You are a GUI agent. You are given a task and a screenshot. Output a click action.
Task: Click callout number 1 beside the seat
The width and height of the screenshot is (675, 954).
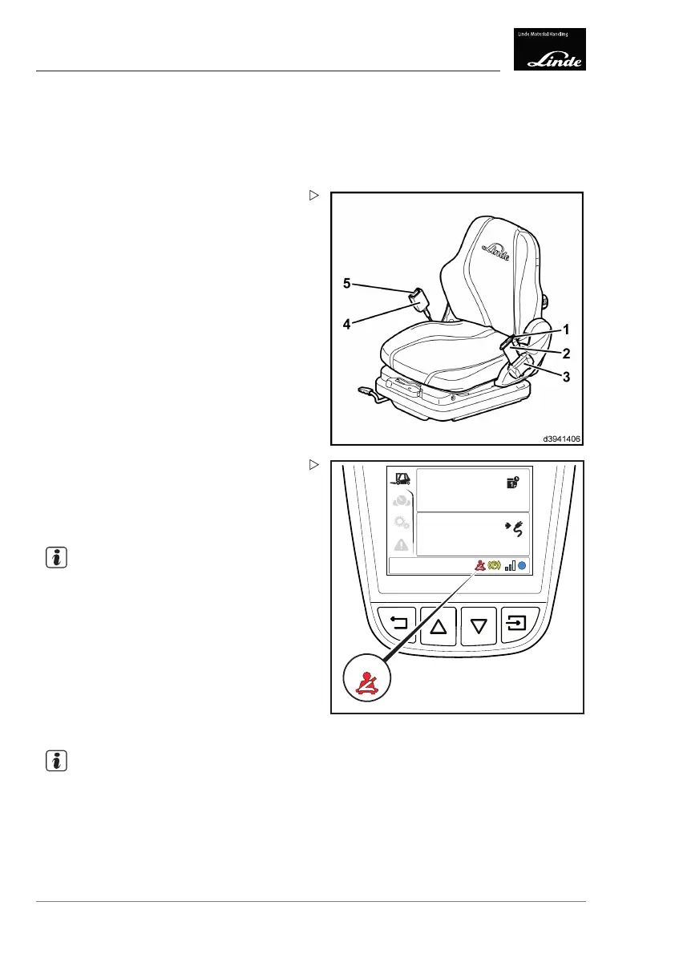click(566, 329)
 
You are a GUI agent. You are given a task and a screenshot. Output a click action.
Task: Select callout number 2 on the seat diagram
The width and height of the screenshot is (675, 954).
click(566, 353)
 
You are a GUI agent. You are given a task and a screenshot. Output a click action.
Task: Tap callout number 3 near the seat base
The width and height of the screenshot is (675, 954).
click(566, 378)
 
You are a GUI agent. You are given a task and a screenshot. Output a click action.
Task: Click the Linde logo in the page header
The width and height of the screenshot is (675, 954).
click(549, 49)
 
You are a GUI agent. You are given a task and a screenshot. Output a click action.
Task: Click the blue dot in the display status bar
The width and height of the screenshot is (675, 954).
click(522, 565)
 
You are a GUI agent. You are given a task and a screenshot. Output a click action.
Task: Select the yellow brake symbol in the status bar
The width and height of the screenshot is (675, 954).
click(494, 565)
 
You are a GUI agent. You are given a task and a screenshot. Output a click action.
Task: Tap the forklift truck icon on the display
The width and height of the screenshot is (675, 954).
click(401, 479)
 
